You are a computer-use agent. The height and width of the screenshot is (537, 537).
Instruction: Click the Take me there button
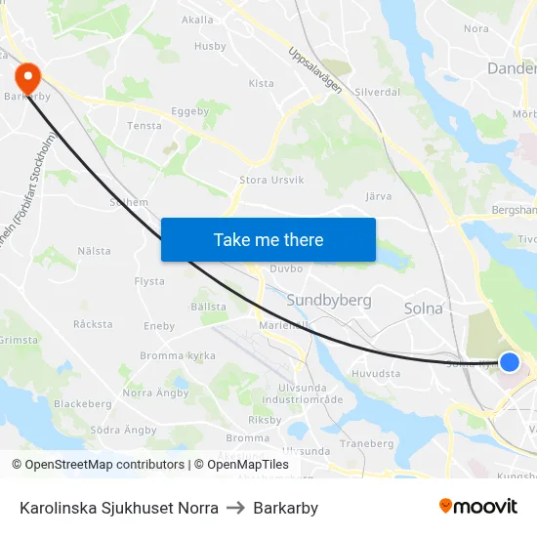(x=268, y=239)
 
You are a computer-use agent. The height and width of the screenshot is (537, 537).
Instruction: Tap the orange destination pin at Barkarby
(x=27, y=75)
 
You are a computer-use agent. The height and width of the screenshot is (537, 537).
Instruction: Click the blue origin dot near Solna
(x=509, y=362)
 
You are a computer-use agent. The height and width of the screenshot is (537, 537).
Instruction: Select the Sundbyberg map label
(x=329, y=300)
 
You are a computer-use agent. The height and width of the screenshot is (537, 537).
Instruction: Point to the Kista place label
(x=261, y=84)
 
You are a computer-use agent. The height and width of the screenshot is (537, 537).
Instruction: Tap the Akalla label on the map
(x=197, y=20)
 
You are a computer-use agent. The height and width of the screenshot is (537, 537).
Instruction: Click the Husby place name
(x=210, y=46)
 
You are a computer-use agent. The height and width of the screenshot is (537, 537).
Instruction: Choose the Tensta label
(x=145, y=126)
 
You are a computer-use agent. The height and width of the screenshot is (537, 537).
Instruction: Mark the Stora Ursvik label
(x=271, y=180)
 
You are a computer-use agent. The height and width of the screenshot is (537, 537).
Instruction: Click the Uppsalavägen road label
(x=315, y=70)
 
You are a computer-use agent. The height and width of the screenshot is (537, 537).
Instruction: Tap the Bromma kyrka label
(x=178, y=356)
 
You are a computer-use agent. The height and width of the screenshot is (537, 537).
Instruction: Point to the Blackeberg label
(x=83, y=403)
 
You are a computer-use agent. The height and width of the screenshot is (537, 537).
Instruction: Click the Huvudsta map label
(x=376, y=372)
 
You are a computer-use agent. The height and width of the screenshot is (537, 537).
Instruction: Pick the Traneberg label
(x=367, y=443)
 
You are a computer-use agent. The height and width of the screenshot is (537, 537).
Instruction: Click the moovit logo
(x=477, y=507)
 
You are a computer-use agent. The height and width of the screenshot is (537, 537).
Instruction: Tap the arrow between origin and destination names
(x=235, y=508)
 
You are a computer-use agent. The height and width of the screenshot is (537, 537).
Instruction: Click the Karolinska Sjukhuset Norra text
(x=118, y=508)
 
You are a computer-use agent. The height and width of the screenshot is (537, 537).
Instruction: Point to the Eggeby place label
(x=190, y=111)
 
